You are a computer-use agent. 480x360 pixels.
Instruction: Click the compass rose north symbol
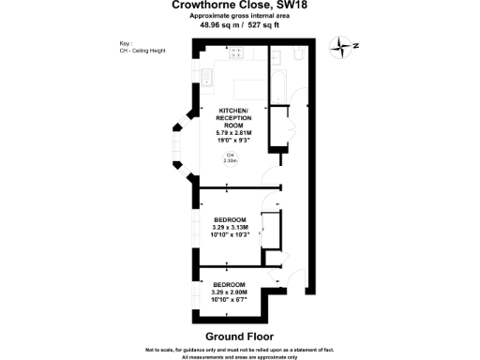coord(350,46)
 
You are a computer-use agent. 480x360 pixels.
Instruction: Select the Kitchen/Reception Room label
coord(231,118)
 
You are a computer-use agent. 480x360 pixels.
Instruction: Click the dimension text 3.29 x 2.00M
coord(230,291)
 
